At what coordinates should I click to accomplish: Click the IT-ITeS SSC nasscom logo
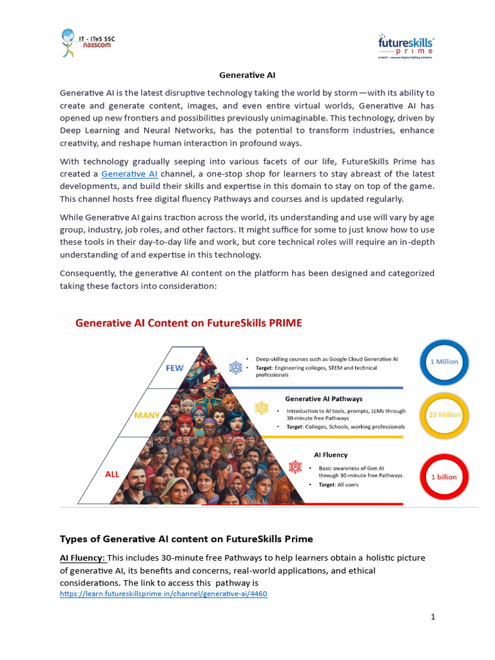89,44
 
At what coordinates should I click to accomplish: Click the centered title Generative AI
247,75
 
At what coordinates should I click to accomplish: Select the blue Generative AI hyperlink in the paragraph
129,174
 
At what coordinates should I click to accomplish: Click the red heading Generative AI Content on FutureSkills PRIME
189,324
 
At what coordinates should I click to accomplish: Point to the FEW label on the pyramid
175,368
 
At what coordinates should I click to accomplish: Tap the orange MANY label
147,416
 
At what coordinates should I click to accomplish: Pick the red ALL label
112,474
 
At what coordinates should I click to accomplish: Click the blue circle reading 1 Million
444,362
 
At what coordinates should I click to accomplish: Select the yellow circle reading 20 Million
444,415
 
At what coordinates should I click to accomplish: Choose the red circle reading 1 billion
444,477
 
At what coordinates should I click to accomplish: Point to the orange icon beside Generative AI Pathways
262,408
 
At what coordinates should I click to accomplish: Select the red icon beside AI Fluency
295,466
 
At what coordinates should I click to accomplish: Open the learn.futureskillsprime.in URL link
163,594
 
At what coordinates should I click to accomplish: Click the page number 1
433,617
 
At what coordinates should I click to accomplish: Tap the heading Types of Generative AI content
186,539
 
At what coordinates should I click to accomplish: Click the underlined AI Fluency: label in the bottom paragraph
82,558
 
